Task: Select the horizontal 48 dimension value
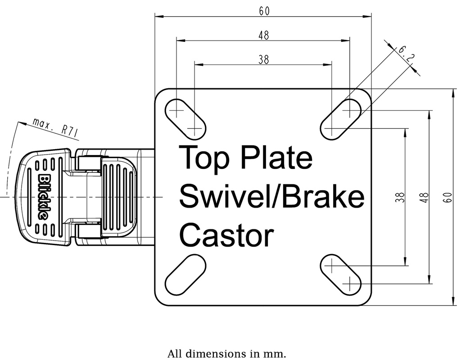point(264,36)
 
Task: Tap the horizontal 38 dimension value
point(264,59)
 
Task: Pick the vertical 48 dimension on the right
point(424,197)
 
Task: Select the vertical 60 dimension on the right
point(447,197)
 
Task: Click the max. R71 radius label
point(56,127)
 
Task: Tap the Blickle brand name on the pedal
point(44,196)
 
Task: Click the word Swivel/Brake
point(271,197)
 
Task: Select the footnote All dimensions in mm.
point(226,353)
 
